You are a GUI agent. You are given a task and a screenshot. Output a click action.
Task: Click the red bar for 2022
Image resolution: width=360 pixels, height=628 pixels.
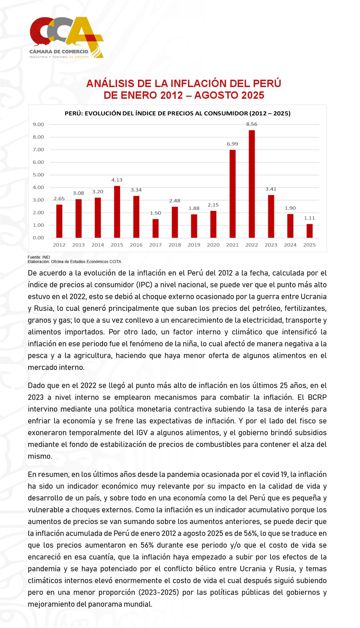252,184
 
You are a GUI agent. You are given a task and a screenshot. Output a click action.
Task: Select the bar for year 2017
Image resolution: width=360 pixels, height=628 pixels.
155,228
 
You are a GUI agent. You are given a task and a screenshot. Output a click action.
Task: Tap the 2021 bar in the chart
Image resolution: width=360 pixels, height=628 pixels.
232,194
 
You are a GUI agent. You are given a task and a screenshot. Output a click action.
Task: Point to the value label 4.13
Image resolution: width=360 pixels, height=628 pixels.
117,180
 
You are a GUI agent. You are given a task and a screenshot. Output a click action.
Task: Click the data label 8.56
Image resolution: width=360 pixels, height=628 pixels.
252,124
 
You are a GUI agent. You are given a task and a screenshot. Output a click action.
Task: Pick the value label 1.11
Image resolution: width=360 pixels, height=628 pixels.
309,218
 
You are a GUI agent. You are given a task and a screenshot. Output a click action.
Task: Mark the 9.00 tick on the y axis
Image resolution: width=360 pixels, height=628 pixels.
38,124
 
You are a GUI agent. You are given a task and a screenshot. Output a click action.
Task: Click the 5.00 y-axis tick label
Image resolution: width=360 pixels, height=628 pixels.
38,175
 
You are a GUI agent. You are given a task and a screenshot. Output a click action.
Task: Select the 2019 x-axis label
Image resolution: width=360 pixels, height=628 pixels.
194,245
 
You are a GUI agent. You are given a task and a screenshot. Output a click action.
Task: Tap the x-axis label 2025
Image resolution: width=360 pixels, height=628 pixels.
309,245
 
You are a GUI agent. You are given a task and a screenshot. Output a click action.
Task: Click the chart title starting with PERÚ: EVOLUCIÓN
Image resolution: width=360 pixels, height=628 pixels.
177,113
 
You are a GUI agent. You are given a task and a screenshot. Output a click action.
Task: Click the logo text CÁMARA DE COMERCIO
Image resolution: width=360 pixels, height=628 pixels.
59,51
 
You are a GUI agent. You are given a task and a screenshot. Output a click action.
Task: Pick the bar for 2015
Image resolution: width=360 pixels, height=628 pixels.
117,212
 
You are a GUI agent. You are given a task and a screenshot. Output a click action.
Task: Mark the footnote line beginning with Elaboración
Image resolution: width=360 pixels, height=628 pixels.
74,262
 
